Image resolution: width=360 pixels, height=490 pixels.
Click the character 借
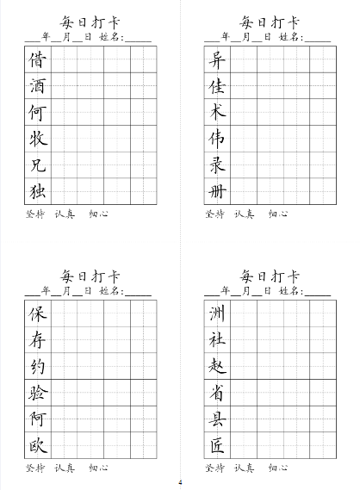click(38, 59)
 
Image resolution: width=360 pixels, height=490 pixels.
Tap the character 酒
click(38, 86)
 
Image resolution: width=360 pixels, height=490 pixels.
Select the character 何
click(38, 112)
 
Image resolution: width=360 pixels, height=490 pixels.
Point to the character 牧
click(38, 139)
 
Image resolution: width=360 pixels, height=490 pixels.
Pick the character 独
click(38, 191)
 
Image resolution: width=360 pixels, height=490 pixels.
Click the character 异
click(217, 59)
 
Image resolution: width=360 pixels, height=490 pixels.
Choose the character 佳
click(217, 86)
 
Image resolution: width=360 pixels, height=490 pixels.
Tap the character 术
click(217, 112)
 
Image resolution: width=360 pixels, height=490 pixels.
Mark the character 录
click(217, 164)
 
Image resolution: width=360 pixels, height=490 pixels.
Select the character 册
click(217, 191)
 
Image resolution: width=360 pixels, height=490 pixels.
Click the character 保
click(38, 313)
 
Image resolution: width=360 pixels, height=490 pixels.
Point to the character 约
click(38, 366)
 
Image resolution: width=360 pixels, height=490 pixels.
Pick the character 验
click(38, 393)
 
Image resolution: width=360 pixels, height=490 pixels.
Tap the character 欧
click(38, 445)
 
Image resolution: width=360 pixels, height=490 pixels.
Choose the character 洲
click(217, 313)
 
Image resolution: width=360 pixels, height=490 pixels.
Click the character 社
click(217, 340)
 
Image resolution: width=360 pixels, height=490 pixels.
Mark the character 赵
click(217, 366)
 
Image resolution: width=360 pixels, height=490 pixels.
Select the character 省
click(217, 393)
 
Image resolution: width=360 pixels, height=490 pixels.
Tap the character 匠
click(217, 445)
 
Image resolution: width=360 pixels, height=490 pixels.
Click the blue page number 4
click(180, 481)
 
